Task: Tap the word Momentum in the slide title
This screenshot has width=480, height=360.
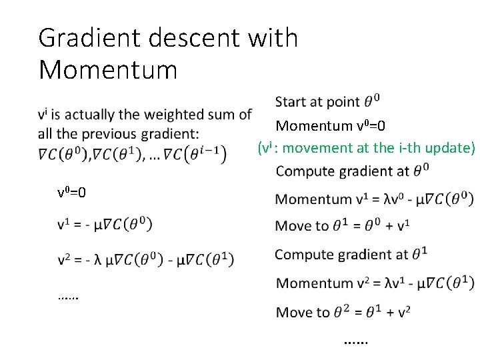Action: point(108,69)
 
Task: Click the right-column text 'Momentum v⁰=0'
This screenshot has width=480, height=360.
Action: point(331,125)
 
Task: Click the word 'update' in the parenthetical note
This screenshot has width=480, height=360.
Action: point(450,148)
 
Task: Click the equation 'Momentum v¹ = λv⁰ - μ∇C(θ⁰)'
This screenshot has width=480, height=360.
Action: point(374,199)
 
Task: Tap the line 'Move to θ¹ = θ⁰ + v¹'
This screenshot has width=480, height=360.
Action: point(342,226)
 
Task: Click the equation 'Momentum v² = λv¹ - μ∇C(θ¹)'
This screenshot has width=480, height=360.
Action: point(375,283)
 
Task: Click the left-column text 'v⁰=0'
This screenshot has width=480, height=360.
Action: point(72,193)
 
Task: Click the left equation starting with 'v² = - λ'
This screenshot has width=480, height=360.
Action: point(145,258)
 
